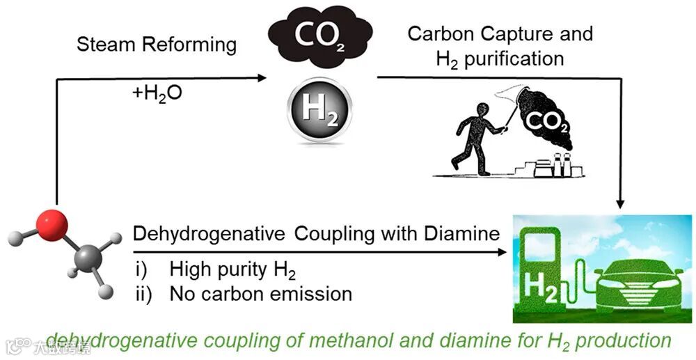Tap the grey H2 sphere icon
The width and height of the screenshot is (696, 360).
tap(321, 111)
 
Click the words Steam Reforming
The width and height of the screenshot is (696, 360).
tap(157, 45)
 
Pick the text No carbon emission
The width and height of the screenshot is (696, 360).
tap(261, 293)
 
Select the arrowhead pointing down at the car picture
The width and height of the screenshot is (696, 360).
tap(622, 204)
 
